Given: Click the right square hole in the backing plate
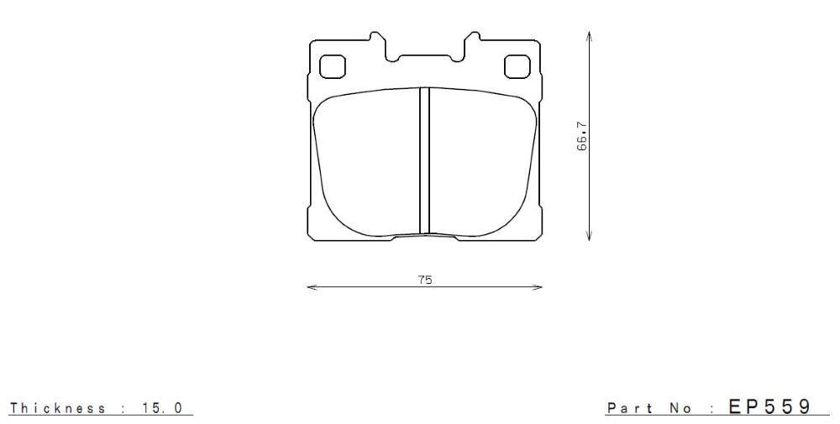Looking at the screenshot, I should (x=514, y=65).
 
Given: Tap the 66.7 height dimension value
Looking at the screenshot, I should (x=581, y=136).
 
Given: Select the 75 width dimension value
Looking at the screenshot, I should (x=425, y=280).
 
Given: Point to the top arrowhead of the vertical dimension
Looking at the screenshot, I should (x=590, y=36).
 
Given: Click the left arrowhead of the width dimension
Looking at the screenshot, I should (x=311, y=287).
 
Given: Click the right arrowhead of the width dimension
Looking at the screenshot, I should (x=539, y=287).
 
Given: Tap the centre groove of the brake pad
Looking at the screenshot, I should (x=424, y=160).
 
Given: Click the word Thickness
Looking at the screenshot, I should (x=58, y=408).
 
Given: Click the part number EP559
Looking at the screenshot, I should (x=769, y=406).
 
